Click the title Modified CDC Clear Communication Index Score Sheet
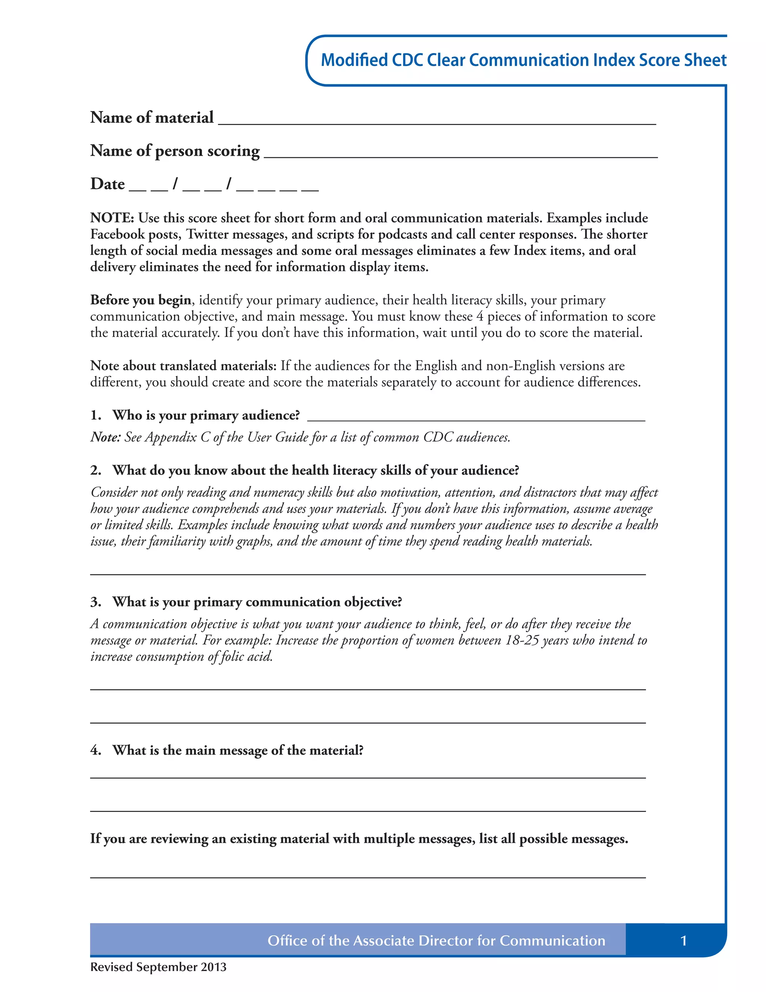[523, 60]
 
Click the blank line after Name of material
[436, 122]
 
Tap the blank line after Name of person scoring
[460, 155]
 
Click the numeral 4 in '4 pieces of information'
[479, 317]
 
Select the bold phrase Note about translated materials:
[183, 366]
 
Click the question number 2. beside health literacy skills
[96, 470]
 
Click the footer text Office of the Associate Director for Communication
[436, 940]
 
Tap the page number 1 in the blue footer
[683, 940]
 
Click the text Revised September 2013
[158, 967]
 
